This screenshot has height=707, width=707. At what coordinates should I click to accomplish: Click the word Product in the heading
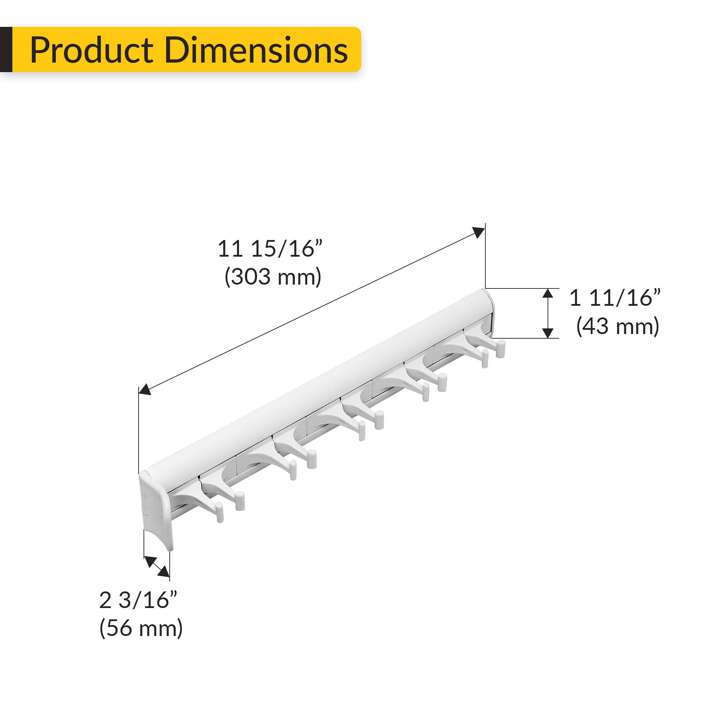pos(92,50)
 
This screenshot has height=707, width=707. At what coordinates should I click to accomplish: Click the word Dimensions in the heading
pos(256,50)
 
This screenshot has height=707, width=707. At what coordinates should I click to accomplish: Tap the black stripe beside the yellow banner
pos(6,49)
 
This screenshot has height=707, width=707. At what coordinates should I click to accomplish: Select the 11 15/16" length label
pos(270,249)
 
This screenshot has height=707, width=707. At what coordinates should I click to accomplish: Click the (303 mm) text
pos(273,277)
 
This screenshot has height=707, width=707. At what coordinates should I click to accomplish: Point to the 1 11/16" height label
pos(615,298)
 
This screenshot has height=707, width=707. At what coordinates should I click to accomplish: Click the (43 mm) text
pos(617,326)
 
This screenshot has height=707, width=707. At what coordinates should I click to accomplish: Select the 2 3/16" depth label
pos(138,601)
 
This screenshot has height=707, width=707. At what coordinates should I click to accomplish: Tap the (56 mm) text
pos(141,629)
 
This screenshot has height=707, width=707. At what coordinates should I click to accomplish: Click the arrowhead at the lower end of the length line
pos(145,389)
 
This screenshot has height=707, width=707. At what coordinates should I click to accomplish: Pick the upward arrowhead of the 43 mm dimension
pos(548,293)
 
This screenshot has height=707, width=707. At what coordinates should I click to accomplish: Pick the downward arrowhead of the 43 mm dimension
pos(548,333)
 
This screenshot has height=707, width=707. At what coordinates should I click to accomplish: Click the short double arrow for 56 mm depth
pos(157,566)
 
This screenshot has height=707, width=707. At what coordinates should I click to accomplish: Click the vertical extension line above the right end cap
pos(486,256)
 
